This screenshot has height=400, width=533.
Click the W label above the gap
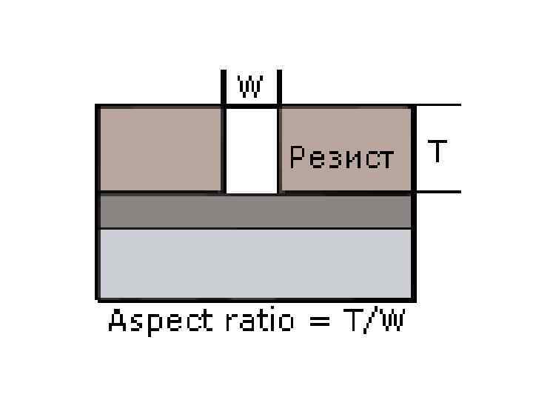[x=250, y=87]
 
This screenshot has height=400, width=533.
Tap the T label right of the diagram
[x=438, y=152]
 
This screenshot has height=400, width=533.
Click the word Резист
[x=341, y=158]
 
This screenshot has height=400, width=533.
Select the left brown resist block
[x=160, y=149]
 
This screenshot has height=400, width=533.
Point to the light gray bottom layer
[x=255, y=262]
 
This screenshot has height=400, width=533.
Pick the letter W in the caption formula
[x=390, y=322]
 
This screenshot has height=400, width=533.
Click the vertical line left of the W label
[x=224, y=87]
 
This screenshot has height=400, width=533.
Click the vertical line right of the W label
[x=279, y=87]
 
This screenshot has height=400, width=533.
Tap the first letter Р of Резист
[x=298, y=158]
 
